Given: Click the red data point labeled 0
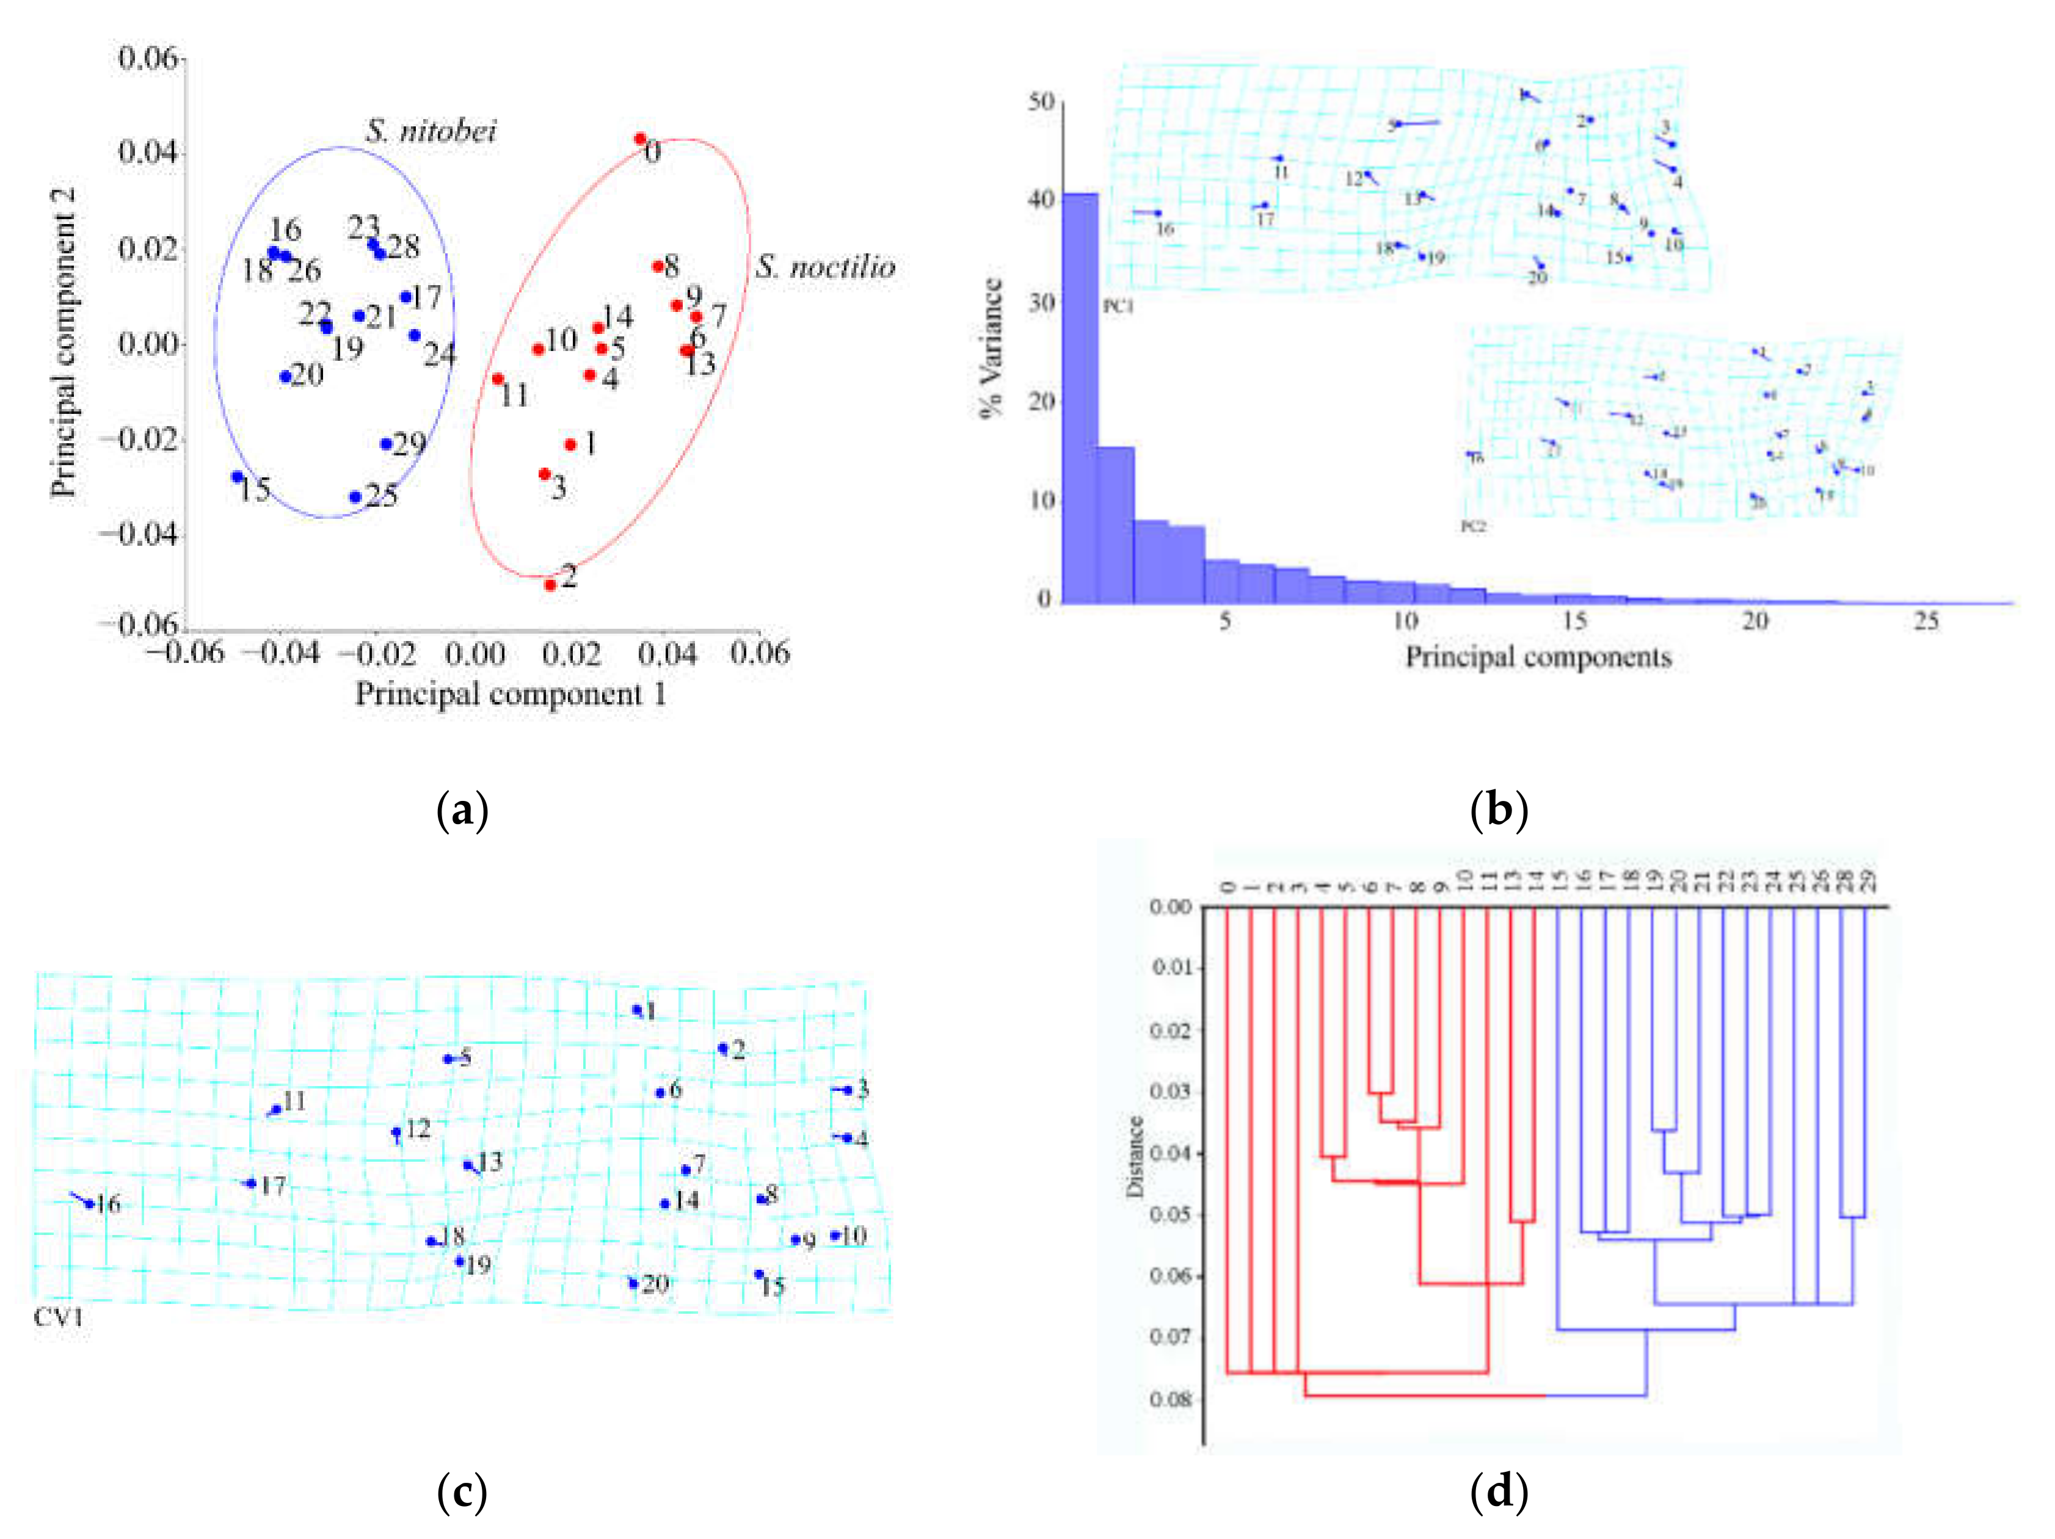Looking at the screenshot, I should [x=640, y=139].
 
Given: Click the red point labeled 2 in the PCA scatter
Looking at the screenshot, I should [x=550, y=584].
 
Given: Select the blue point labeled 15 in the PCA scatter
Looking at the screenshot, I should [x=238, y=476].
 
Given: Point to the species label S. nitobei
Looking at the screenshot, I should [x=431, y=131].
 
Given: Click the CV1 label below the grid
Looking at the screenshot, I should [x=59, y=1316].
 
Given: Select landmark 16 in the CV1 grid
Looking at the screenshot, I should [x=89, y=1204].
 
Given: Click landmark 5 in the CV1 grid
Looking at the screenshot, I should [x=448, y=1059].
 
